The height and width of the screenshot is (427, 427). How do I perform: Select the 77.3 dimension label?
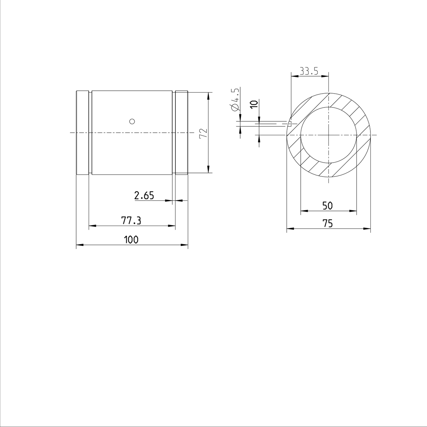[131, 221]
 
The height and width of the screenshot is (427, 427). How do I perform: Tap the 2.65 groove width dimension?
[144, 195]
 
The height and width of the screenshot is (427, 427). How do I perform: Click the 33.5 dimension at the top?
[309, 71]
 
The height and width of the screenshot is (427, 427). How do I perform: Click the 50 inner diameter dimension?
[327, 206]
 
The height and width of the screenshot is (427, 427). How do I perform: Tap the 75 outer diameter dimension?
[327, 223]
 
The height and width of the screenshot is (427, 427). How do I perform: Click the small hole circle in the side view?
[132, 121]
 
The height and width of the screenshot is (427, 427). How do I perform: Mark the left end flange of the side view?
[82, 133]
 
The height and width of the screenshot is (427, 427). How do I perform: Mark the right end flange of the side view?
[181, 133]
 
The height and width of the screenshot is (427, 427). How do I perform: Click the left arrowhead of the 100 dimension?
[79, 245]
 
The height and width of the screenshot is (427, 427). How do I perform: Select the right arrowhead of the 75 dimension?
[368, 228]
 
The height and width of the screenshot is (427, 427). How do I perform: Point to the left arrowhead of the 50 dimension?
[304, 211]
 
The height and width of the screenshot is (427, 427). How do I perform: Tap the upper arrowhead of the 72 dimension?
[208, 95]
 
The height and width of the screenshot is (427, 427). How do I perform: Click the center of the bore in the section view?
[328, 135]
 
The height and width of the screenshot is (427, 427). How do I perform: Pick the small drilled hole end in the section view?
[290, 123]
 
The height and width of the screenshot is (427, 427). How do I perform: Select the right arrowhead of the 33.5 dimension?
[325, 76]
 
